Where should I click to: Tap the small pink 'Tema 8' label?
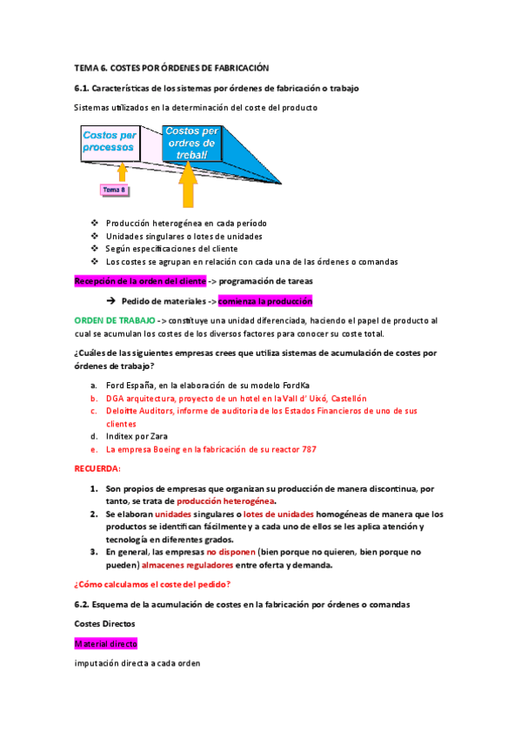(x=115, y=189)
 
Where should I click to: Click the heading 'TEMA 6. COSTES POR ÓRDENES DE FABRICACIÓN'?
(x=172, y=68)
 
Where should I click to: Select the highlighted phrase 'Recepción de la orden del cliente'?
(x=140, y=281)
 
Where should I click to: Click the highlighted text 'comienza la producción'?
(x=265, y=301)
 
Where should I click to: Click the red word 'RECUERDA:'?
(x=98, y=468)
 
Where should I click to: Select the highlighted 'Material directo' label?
(x=105, y=644)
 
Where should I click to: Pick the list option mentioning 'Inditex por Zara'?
(x=137, y=436)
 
